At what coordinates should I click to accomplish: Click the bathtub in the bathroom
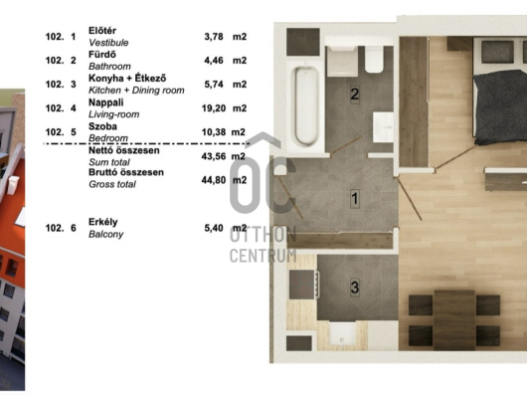point(306,105)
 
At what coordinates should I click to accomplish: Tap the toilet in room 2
point(374,60)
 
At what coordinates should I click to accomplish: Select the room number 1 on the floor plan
point(355,198)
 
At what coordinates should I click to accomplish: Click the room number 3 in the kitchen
point(355,288)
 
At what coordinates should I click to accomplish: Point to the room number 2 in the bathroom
point(355,95)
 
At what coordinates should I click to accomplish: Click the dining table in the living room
point(454,319)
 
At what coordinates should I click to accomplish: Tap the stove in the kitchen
point(303,285)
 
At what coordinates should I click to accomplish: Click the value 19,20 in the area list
point(214,108)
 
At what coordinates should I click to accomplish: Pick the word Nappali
point(105,102)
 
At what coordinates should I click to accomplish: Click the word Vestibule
point(108,43)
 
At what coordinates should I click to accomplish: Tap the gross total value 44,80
point(214,180)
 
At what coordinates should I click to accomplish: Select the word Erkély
point(103,222)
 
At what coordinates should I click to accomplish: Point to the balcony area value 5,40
point(214,228)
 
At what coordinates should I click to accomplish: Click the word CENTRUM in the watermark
point(263,256)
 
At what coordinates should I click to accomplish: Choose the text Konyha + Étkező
point(127,79)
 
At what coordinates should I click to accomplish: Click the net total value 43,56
point(214,156)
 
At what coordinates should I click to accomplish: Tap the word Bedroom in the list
point(108,138)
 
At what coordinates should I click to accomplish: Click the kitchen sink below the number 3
point(342,334)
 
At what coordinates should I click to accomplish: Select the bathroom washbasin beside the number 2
point(383,127)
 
